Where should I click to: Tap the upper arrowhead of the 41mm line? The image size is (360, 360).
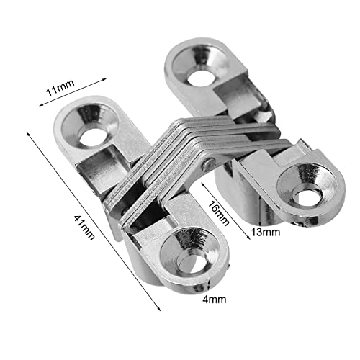[29, 134]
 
